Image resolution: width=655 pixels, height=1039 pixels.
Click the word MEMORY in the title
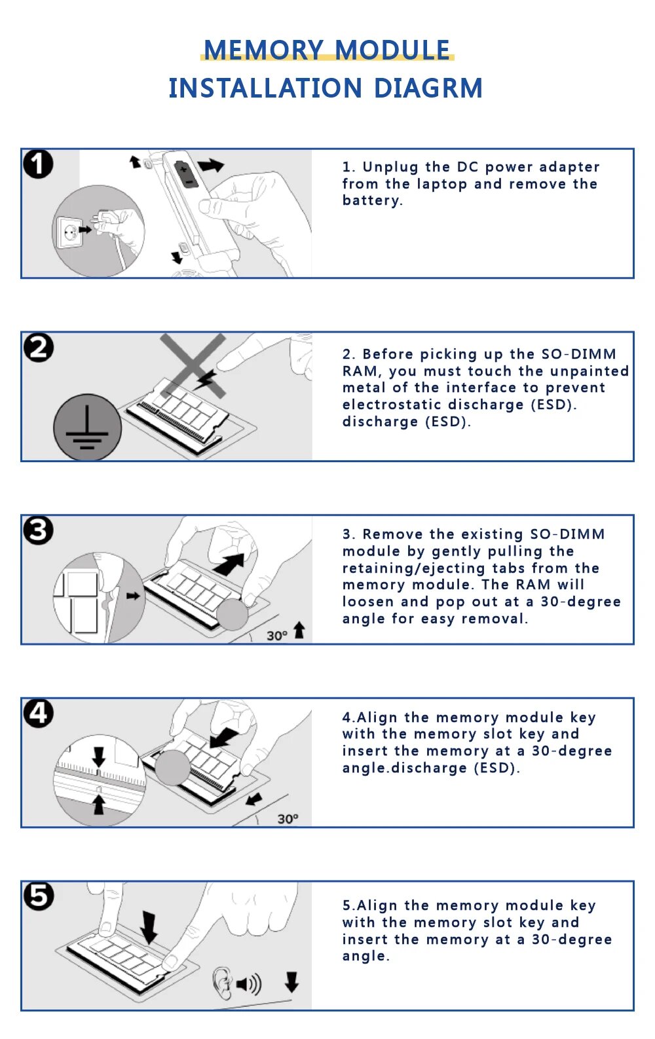tap(264, 50)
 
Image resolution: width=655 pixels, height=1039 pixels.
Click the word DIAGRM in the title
tap(428, 88)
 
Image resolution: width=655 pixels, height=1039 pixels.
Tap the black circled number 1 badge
tap(39, 164)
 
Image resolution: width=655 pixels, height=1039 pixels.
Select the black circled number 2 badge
tap(39, 348)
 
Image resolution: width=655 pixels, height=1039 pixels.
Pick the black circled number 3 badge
tap(39, 530)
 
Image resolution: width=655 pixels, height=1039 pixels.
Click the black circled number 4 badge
tap(39, 713)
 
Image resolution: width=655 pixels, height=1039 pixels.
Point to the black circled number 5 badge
tap(39, 896)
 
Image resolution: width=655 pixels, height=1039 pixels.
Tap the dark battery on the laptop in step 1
tap(186, 174)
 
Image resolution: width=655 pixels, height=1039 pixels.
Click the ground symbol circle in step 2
tap(87, 428)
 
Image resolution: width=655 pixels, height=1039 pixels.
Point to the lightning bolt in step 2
tap(205, 380)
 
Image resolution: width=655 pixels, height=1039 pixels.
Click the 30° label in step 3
tap(277, 636)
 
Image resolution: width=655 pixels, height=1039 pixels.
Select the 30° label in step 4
tap(288, 818)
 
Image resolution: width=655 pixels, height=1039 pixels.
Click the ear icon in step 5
tap(222, 984)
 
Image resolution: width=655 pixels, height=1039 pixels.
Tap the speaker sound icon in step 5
tap(249, 984)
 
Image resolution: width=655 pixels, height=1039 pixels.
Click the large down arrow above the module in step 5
tap(149, 928)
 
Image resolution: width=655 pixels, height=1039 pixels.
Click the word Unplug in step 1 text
tap(390, 167)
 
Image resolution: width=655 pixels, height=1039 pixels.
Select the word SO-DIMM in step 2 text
tap(579, 354)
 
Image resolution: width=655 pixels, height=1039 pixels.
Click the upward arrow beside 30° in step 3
tap(299, 630)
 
